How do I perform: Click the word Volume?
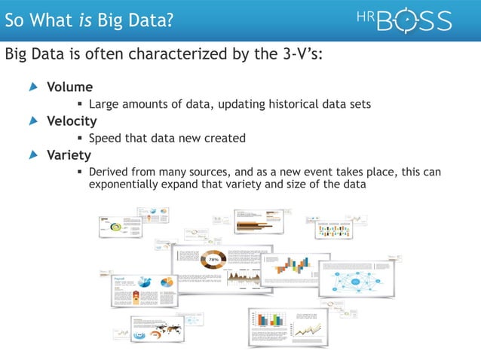[70, 87]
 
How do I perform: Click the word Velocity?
[72, 121]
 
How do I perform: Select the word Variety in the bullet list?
[69, 155]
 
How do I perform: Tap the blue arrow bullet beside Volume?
[32, 87]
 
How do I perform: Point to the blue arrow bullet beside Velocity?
[32, 121]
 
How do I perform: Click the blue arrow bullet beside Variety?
[32, 155]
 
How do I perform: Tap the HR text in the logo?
[364, 16]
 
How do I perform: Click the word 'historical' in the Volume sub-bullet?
[286, 104]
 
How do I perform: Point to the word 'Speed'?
[106, 138]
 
